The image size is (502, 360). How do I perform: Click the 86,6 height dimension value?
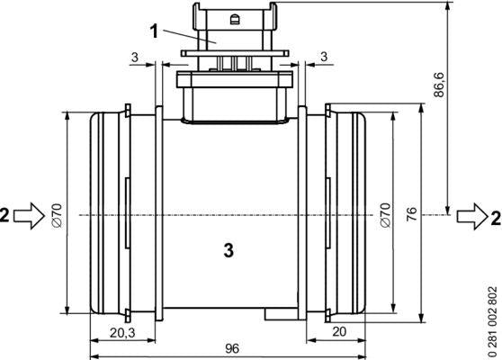coord(439,85)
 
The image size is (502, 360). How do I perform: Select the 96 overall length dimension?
coord(232,348)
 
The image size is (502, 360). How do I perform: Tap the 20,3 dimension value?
coord(122,333)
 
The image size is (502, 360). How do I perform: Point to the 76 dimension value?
coord(412,214)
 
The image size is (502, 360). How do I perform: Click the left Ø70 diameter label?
coord(57,215)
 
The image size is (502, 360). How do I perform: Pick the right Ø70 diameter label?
coord(385,215)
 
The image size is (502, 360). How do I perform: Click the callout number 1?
coord(155,31)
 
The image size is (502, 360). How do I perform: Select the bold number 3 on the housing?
coord(229,250)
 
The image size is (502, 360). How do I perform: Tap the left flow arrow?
coord(29,216)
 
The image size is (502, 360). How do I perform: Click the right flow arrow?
coord(472,216)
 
